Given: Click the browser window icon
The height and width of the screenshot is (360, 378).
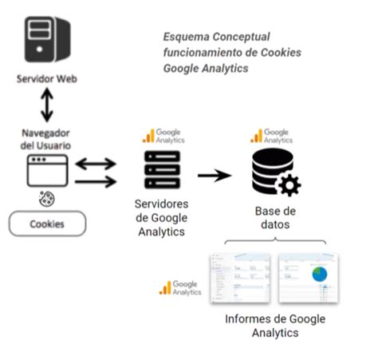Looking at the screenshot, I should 45,171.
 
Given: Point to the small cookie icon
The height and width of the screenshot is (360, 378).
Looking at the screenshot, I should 46,198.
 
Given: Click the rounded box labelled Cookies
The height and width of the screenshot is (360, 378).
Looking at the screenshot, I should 47,224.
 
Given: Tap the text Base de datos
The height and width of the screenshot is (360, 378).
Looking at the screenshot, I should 274,218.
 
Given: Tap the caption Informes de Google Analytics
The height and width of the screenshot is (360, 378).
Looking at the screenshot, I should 274,325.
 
